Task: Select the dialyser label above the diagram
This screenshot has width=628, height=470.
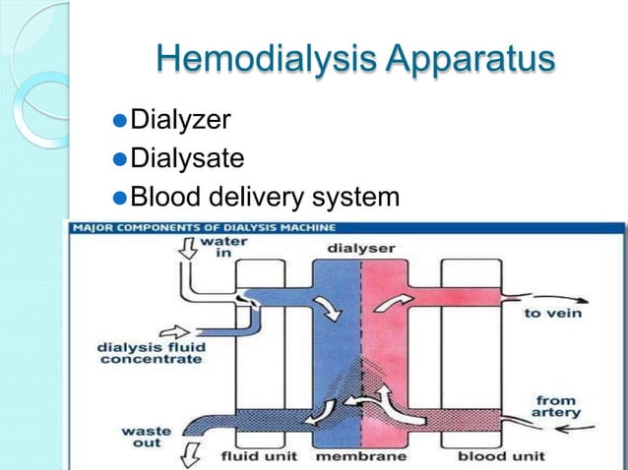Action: point(360,248)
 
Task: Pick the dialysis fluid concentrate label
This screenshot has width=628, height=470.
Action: point(149,352)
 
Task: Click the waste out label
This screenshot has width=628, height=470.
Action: point(143,439)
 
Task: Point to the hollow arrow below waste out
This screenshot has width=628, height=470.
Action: point(186,457)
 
